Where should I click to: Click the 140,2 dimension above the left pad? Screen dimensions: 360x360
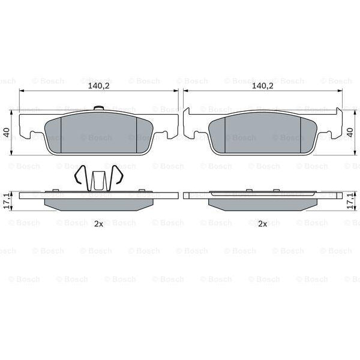(99, 86)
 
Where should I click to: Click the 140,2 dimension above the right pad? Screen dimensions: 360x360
(262, 86)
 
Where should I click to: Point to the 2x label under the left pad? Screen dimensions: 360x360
(99, 224)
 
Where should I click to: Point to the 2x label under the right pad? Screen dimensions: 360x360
(262, 224)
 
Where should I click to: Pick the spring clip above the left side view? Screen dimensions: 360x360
(99, 178)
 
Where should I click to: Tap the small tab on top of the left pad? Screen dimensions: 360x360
(100, 109)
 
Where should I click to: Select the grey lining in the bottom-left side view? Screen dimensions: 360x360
(99, 203)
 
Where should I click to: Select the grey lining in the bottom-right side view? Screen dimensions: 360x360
(262, 203)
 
